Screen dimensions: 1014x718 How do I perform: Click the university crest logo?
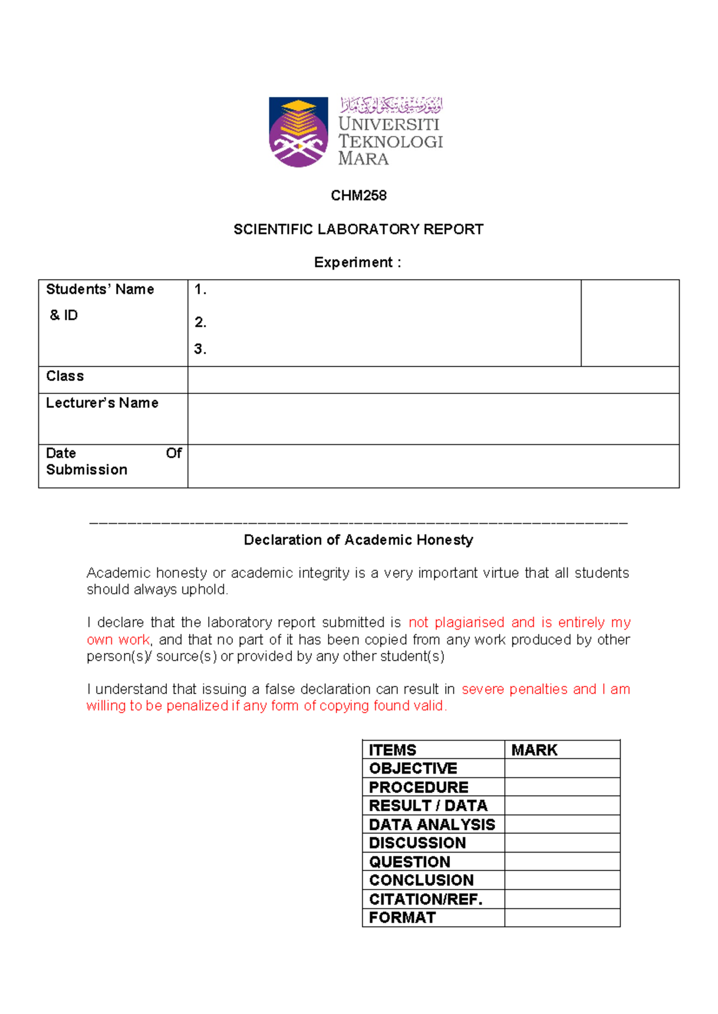pyautogui.click(x=298, y=132)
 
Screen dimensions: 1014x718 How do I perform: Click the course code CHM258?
pyautogui.click(x=358, y=196)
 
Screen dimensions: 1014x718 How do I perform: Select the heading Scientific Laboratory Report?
pyautogui.click(x=358, y=230)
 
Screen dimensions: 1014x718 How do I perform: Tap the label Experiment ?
pyautogui.click(x=357, y=262)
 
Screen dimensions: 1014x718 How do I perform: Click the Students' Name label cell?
pyautogui.click(x=101, y=290)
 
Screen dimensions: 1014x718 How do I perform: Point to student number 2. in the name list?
pyautogui.click(x=200, y=322)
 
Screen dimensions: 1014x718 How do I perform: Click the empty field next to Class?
pyautogui.click(x=433, y=380)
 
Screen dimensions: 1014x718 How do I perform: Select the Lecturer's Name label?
pyautogui.click(x=102, y=403)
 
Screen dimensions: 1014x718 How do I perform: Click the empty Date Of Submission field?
pyautogui.click(x=433, y=466)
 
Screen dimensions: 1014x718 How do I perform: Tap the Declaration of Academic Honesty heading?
pyautogui.click(x=358, y=540)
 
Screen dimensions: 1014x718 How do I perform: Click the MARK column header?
pyautogui.click(x=534, y=750)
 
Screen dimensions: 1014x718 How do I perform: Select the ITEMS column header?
pyautogui.click(x=393, y=750)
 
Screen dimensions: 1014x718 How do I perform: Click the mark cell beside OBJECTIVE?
pyautogui.click(x=562, y=768)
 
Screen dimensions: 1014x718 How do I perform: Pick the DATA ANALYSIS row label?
pyautogui.click(x=432, y=824)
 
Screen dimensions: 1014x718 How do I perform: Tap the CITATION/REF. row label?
pyautogui.click(x=425, y=899)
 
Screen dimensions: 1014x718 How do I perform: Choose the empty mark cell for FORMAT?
pyautogui.click(x=562, y=918)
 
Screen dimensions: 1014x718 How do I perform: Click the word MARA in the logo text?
pyautogui.click(x=363, y=159)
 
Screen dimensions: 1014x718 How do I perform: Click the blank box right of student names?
pyautogui.click(x=629, y=323)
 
